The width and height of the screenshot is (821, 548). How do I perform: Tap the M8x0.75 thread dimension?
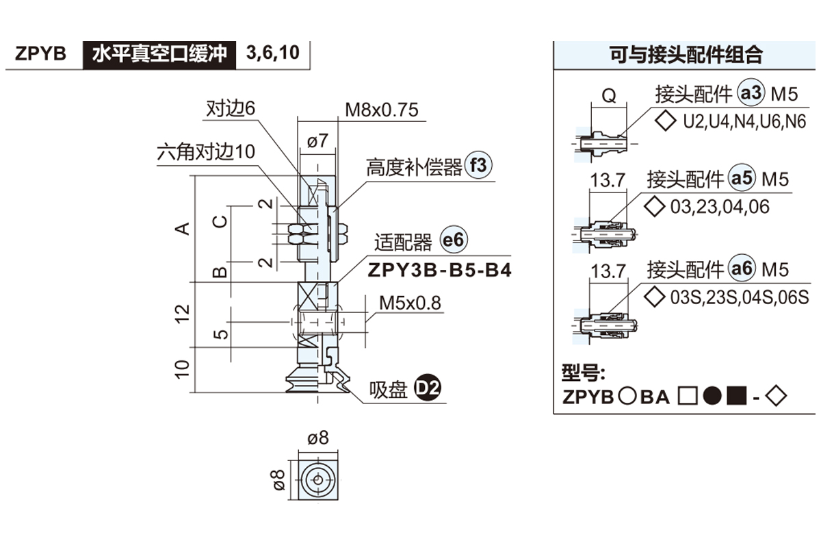(381, 110)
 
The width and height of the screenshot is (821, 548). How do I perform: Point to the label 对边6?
(231, 108)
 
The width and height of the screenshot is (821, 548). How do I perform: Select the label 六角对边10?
(205, 151)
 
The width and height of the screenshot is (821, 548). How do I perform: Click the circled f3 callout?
(478, 166)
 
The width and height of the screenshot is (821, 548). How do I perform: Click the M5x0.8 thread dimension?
(410, 302)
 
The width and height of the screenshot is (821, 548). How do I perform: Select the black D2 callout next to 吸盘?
(429, 390)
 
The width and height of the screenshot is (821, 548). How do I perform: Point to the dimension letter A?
(182, 228)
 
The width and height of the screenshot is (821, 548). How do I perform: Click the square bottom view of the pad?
(318, 479)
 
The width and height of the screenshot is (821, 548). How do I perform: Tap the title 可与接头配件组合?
(686, 54)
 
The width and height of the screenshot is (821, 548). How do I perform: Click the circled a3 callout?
(750, 94)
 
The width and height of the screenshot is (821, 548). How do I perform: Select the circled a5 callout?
(742, 179)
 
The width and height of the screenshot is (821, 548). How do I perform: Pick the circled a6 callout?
(742, 269)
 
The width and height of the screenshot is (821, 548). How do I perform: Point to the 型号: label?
(583, 372)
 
